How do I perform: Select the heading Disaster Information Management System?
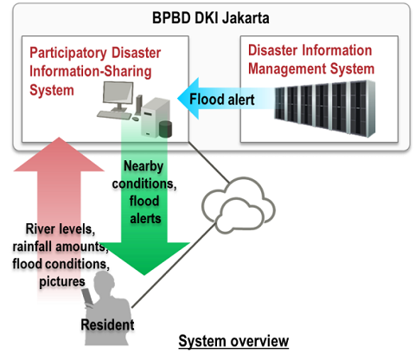point(310,60)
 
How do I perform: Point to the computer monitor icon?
point(122,93)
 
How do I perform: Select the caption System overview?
point(233,341)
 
